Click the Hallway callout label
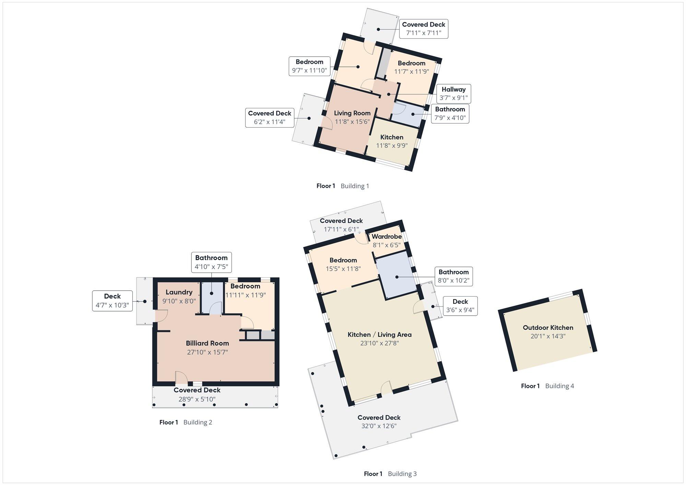pos(453,94)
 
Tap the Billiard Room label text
pos(207,343)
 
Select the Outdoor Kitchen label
pos(548,328)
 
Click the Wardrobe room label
pos(387,237)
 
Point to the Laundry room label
pos(179,292)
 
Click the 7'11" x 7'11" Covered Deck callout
pos(424,29)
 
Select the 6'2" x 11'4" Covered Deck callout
pos(270,118)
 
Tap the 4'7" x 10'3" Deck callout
pos(113,301)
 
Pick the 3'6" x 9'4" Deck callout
pos(460,306)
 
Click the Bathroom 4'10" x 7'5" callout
pos(211,262)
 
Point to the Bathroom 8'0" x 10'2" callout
pos(453,276)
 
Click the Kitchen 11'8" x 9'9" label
pos(392,141)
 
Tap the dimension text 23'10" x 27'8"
pos(379,343)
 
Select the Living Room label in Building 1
pos(352,113)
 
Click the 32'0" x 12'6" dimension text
pos(379,426)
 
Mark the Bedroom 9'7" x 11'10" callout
pos(309,66)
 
